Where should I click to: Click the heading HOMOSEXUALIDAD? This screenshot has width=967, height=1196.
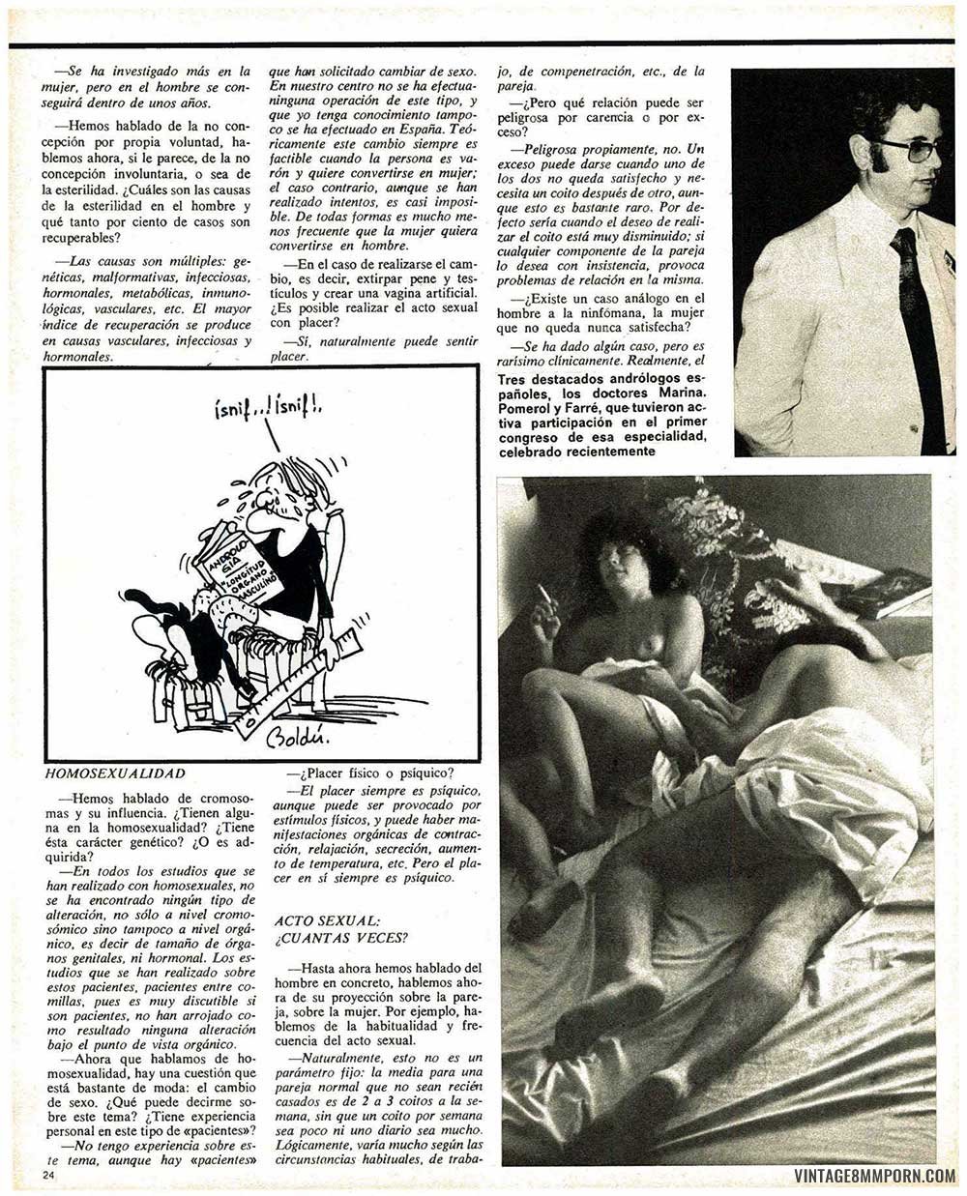115,773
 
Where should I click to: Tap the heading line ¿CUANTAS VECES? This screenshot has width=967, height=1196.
341,938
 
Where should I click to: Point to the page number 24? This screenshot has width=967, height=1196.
50,1174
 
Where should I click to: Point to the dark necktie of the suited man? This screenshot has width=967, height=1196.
914,319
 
